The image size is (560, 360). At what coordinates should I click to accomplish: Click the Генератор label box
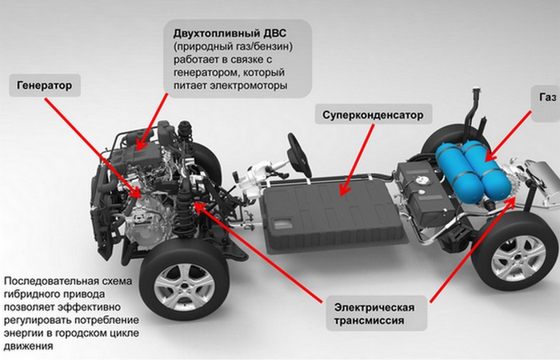(45, 86)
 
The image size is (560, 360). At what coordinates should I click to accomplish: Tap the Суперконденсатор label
(374, 114)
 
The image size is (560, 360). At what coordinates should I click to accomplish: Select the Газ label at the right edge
(546, 103)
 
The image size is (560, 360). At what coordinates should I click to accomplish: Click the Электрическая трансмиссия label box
(377, 314)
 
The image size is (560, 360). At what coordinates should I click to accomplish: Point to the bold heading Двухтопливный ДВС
(230, 34)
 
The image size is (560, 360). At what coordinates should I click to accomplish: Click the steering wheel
(299, 155)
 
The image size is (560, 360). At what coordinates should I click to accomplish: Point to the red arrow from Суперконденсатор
(357, 160)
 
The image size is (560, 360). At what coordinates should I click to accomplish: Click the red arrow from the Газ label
(509, 135)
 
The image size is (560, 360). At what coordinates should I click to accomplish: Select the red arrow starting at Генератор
(93, 147)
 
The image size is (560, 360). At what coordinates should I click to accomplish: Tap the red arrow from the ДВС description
(152, 122)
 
